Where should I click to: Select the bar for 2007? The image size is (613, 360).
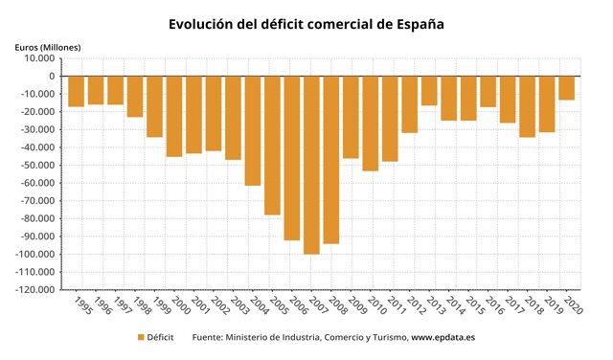coord(311,165)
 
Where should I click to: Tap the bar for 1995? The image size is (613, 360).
coord(76,91)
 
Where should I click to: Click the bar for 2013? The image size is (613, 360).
coord(429,91)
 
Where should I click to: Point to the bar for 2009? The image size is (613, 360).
coord(351,117)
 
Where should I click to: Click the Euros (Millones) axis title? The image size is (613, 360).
coord(48,46)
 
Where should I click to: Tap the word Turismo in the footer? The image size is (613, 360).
coord(382,337)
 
